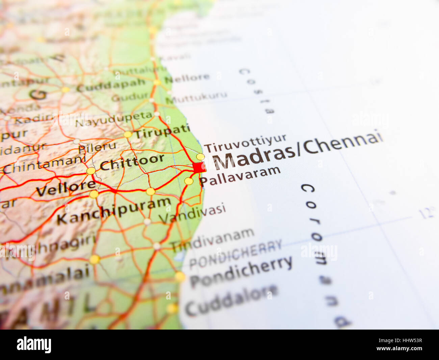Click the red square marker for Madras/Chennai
click(x=199, y=167)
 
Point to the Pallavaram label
click(x=240, y=176)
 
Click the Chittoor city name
click(x=132, y=163)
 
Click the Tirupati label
click(x=162, y=131)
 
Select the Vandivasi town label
click(x=192, y=213)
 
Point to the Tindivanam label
click(x=212, y=239)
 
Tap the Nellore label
click(x=187, y=79)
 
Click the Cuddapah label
click(x=111, y=86)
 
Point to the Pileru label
click(x=97, y=147)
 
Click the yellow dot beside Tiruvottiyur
click(x=201, y=157)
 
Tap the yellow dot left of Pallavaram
click(x=188, y=181)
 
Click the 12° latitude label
click(x=426, y=213)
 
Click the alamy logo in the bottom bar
click(x=34, y=345)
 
